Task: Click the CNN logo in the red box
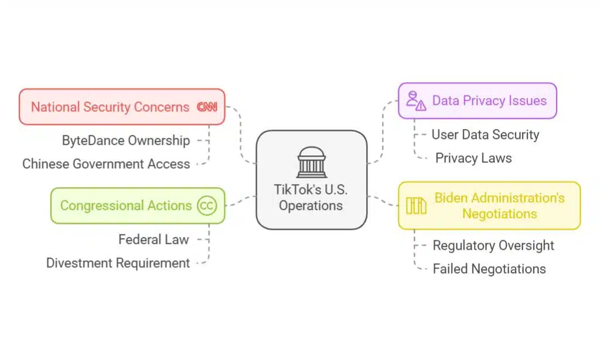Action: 206,107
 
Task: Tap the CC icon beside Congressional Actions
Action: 207,206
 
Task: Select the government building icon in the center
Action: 311,162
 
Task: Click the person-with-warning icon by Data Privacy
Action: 416,101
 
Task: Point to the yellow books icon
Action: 416,206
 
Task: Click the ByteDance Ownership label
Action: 126,141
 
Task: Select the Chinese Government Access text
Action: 106,164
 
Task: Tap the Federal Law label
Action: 154,239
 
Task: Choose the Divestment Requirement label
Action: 118,263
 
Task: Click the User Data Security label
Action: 485,134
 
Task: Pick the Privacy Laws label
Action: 473,158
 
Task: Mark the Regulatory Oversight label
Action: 493,245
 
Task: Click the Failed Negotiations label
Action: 489,269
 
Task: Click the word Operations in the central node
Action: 311,206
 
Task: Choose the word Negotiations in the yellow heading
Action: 499,214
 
